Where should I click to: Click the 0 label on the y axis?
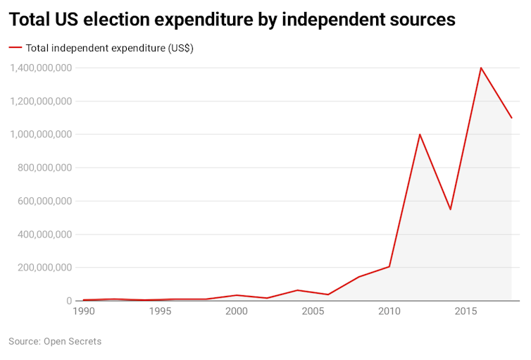(69, 301)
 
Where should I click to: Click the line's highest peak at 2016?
(481, 68)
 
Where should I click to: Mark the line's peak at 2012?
(420, 135)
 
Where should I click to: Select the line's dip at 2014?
(450, 209)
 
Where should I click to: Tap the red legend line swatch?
(15, 48)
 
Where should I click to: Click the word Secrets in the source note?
(82, 342)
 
